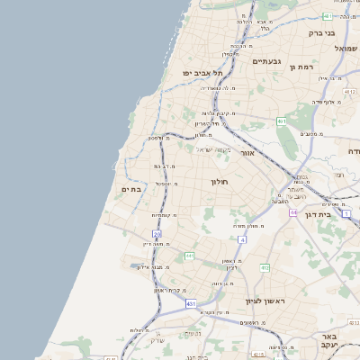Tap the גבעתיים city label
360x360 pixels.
(267, 61)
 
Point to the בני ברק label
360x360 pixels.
(321, 33)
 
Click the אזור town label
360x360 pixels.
(248, 154)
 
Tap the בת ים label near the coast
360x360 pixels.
(131, 189)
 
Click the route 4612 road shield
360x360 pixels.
(349, 92)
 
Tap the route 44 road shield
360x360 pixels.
(294, 212)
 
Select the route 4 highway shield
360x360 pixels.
(242, 240)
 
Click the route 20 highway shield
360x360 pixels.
(157, 234)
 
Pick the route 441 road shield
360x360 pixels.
(190, 256)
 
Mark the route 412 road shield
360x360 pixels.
(265, 267)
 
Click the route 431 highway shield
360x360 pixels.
(191, 304)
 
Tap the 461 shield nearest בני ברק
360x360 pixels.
(327, 17)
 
